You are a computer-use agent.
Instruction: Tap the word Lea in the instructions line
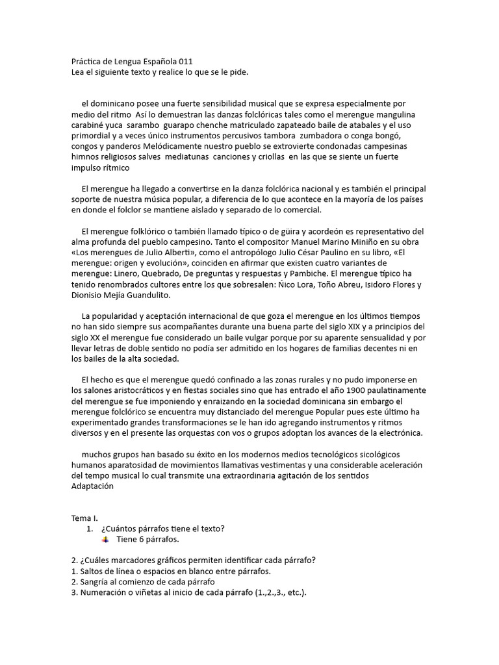tap(78, 72)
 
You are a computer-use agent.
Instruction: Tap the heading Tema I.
tap(84, 518)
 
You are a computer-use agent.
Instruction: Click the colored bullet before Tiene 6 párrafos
tap(106, 539)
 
